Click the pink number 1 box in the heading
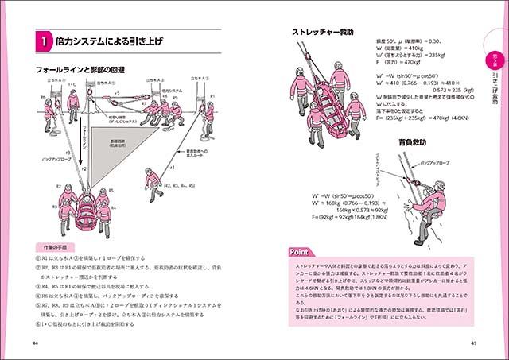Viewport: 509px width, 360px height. tap(47, 39)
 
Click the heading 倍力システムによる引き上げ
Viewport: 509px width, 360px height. tap(111, 39)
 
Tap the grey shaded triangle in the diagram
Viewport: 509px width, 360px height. tap(112, 151)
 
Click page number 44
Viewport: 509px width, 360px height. tap(34, 343)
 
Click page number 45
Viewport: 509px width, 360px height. tap(473, 343)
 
